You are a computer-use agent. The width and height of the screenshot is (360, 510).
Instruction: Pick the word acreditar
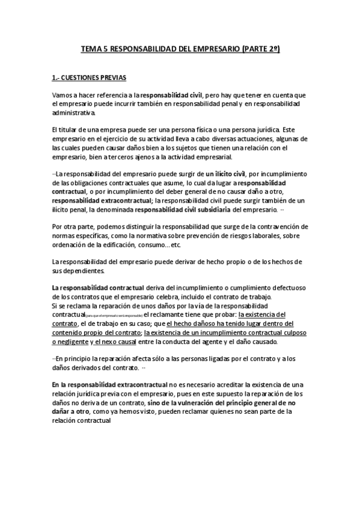(x=214, y=385)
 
